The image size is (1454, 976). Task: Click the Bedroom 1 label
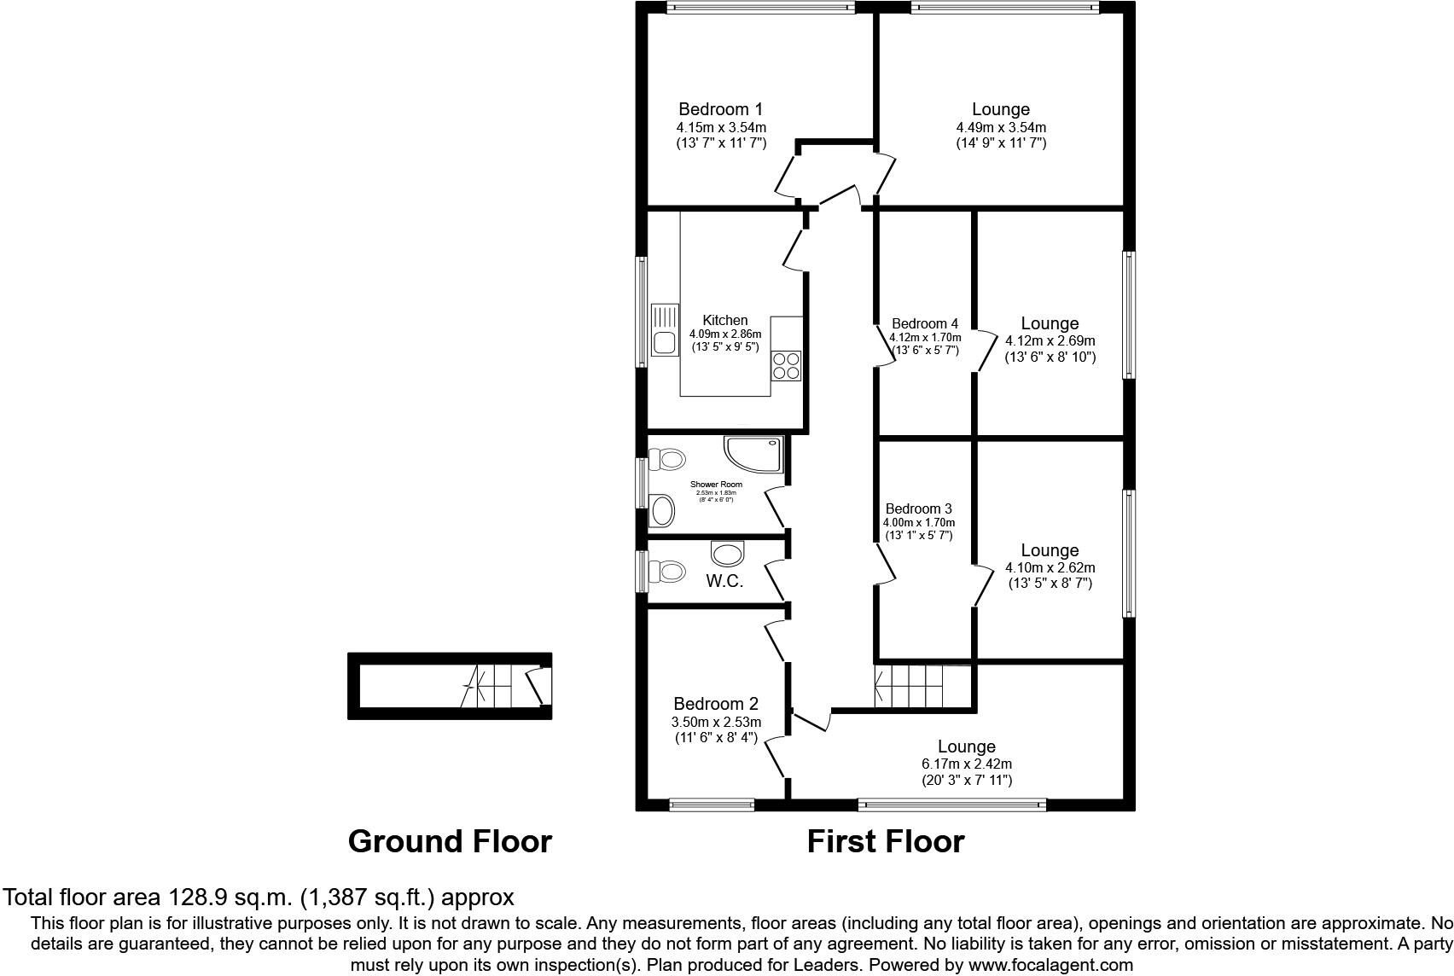point(720,109)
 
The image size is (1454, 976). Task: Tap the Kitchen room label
point(725,320)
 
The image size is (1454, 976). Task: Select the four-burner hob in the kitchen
point(786,365)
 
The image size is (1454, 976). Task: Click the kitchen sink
point(663,330)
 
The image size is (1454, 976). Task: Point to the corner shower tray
point(754,453)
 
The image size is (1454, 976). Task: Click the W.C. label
point(724,582)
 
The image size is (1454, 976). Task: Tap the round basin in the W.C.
point(728,555)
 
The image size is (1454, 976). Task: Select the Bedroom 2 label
point(715,704)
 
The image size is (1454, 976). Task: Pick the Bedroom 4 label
point(924,323)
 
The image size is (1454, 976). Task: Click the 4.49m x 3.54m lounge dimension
point(1000,127)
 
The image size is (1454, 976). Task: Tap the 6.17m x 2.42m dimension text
point(966,764)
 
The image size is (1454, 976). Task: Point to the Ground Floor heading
point(450,841)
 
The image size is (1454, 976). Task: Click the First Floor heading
point(886,841)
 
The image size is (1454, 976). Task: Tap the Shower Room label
point(716,485)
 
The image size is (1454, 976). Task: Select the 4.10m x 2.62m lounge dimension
point(1050,567)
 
